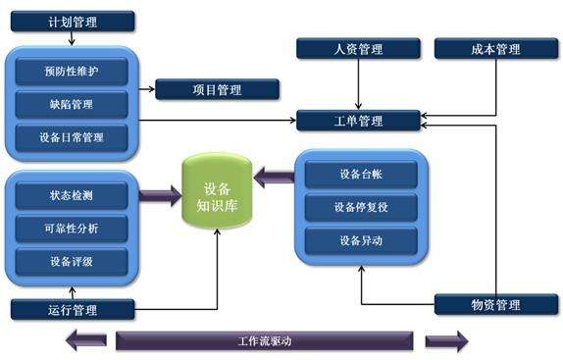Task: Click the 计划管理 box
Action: [72, 21]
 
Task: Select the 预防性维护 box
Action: [72, 72]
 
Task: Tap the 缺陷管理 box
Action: [72, 105]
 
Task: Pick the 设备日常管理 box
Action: [72, 137]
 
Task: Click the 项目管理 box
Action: [217, 90]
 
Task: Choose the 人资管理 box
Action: [358, 48]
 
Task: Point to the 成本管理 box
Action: [496, 48]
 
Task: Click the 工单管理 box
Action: [358, 122]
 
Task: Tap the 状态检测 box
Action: [72, 196]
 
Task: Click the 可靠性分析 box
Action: [72, 229]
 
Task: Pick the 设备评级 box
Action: [72, 261]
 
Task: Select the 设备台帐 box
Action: [361, 175]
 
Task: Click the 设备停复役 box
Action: [361, 207]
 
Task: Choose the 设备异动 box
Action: [361, 239]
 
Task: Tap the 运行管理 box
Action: [72, 310]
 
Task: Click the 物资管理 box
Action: [496, 305]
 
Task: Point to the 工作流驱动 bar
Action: [265, 341]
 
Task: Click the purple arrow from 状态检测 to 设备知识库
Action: [159, 196]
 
